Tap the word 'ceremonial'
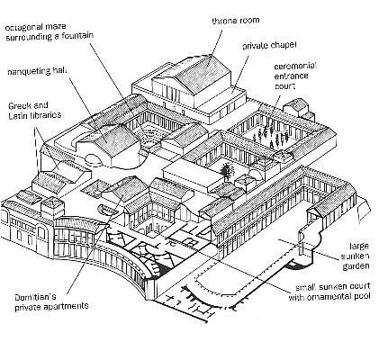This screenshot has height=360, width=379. (x=294, y=66)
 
